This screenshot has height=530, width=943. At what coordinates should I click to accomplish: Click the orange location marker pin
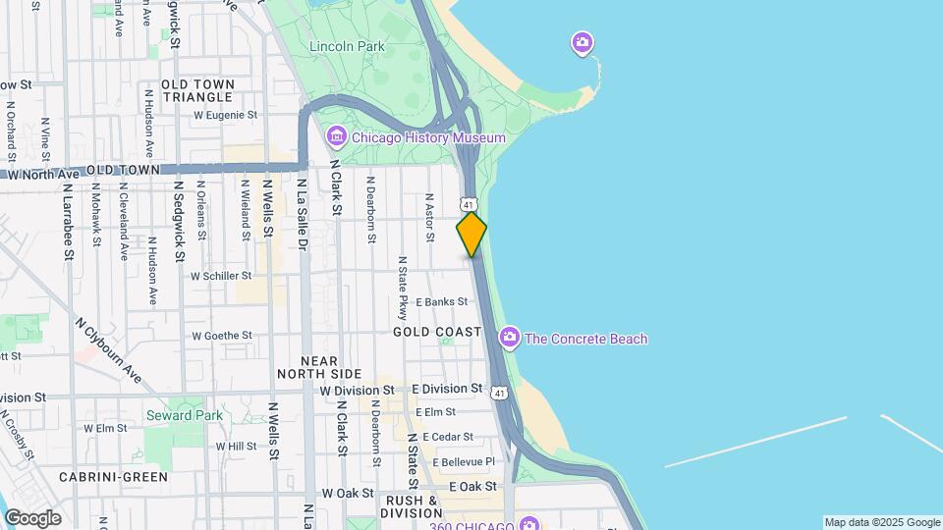pyautogui.click(x=471, y=235)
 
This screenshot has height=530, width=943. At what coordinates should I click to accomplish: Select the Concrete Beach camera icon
pyautogui.click(x=509, y=339)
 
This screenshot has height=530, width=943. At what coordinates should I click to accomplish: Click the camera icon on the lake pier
pyautogui.click(x=582, y=42)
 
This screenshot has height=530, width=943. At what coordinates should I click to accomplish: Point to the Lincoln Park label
pyautogui.click(x=347, y=46)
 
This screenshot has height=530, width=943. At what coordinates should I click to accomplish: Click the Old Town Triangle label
pyautogui.click(x=197, y=91)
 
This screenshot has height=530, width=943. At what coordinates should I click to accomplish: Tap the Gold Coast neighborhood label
pyautogui.click(x=438, y=333)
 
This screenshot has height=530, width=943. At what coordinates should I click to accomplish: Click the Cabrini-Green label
pyautogui.click(x=113, y=477)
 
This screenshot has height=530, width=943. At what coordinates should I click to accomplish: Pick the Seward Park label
pyautogui.click(x=185, y=415)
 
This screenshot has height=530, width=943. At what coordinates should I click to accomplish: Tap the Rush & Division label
pyautogui.click(x=411, y=506)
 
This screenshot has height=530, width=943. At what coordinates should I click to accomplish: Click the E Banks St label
pyautogui.click(x=441, y=302)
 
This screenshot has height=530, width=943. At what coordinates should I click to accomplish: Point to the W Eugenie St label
pyautogui.click(x=225, y=115)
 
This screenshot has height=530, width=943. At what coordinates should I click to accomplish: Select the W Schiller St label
pyautogui.click(x=221, y=277)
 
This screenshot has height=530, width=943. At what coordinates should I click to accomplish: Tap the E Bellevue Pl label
pyautogui.click(x=456, y=461)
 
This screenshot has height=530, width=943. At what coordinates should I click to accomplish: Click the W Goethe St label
pyautogui.click(x=221, y=336)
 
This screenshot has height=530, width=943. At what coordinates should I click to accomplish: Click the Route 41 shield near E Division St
pyautogui.click(x=501, y=394)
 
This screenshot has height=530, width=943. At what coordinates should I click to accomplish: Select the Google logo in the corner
pyautogui.click(x=32, y=518)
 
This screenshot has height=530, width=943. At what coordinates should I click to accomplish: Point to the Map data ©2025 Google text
pyautogui.click(x=882, y=522)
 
